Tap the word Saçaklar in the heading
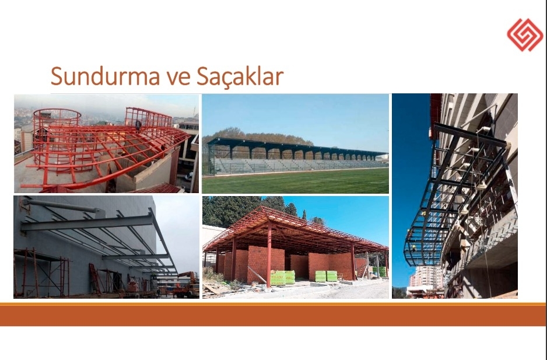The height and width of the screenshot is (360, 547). (240, 76)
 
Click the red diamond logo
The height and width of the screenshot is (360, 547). (525, 35)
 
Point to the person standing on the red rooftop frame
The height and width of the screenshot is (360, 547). (138, 125)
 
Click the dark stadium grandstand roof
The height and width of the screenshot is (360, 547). (296, 146)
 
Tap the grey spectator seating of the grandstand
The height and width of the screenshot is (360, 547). (296, 165)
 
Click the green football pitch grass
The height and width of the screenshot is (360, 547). (296, 181)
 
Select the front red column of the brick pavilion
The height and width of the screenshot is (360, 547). (269, 254)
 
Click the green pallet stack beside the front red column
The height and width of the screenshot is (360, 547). (283, 277)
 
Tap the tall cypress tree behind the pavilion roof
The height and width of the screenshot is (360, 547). (304, 215)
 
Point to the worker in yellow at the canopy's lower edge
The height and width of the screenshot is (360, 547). (413, 248)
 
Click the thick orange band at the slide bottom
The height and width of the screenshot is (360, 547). (273, 314)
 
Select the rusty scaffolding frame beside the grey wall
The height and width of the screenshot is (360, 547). (42, 273)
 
